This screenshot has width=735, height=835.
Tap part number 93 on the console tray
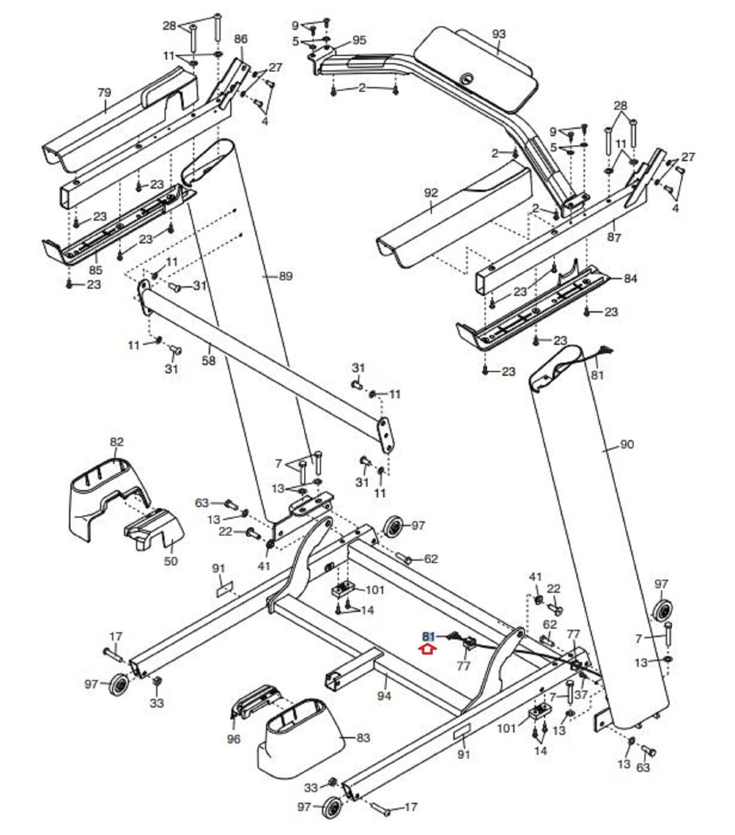(499, 34)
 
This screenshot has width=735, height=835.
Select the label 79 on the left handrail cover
(104, 92)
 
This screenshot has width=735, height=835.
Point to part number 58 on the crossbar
(208, 361)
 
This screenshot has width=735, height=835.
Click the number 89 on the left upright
(286, 276)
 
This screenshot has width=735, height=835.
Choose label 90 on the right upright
(626, 444)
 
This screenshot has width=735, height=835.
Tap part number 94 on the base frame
(384, 696)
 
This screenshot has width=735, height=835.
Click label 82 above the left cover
(116, 442)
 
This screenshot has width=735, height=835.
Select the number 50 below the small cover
(171, 561)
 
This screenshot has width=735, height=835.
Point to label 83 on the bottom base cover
(363, 737)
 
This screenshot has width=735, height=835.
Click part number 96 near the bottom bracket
(234, 739)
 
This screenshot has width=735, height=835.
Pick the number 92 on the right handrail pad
(431, 193)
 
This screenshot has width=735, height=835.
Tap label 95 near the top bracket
(360, 40)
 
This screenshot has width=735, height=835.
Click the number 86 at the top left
(241, 39)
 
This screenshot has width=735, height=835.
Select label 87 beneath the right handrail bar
(614, 237)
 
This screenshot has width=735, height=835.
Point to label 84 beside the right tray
(631, 279)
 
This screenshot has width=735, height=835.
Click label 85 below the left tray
(96, 270)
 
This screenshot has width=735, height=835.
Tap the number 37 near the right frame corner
(581, 695)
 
